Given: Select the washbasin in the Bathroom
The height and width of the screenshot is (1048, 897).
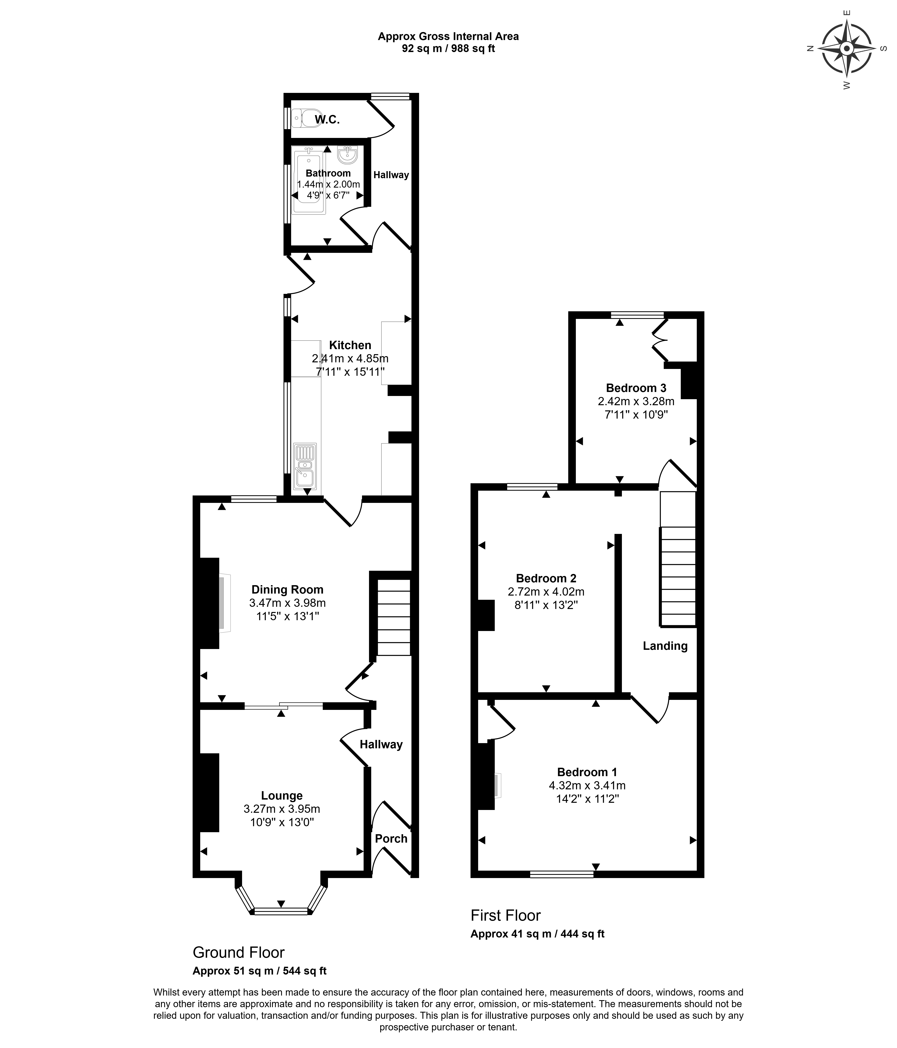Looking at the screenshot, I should [x=348, y=155].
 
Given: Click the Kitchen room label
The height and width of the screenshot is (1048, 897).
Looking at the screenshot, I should [x=350, y=345].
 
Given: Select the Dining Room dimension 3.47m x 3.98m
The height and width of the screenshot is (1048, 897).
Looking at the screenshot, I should [x=287, y=603].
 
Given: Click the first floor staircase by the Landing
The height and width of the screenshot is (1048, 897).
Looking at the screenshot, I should [x=678, y=577].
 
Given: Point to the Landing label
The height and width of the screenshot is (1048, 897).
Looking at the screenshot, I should [x=665, y=646].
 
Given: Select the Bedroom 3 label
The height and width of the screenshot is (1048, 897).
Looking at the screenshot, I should [x=636, y=388].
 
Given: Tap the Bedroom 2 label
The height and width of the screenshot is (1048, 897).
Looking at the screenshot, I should [x=546, y=578].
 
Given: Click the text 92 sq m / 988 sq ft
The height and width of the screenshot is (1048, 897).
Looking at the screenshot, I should [x=448, y=49].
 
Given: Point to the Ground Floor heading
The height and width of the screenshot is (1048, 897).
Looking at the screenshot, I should [x=238, y=953].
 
